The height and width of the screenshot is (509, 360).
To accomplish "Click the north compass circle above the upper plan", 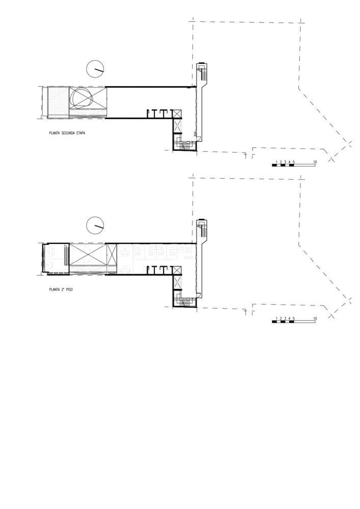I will (95, 68).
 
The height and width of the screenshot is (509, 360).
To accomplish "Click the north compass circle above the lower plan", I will (95, 224).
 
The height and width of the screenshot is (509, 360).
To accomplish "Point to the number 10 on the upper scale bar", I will (316, 162).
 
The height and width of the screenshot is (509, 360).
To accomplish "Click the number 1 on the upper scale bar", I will (275, 162).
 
